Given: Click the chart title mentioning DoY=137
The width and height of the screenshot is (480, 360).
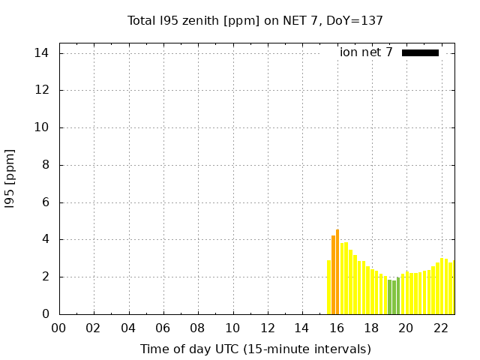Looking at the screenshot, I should [255, 21].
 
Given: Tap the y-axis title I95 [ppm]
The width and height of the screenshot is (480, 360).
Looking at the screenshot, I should [10, 179].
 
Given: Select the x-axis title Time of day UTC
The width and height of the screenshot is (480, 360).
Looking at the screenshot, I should [255, 349].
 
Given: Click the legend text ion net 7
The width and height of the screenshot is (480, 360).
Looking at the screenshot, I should [366, 52].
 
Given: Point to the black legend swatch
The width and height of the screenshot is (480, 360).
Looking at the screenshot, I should [420, 52].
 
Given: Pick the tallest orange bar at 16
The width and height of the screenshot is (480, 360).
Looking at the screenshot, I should [337, 271].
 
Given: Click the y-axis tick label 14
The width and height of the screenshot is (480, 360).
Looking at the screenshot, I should [42, 53].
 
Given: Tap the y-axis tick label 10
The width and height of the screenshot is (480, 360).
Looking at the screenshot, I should [42, 127].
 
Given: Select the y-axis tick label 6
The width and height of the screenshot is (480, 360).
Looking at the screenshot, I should [45, 202].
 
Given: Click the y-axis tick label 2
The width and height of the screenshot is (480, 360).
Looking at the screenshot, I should [45, 277].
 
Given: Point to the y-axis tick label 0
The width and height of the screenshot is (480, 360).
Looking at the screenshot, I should [45, 314].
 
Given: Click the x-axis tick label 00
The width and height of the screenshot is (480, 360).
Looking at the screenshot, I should [59, 328].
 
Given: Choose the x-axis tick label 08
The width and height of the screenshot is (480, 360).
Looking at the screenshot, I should [198, 328].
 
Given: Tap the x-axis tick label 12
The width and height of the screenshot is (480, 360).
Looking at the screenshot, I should [268, 328].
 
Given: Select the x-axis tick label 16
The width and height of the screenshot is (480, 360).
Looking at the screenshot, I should [337, 328].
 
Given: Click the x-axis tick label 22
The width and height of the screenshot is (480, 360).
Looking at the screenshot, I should [441, 328].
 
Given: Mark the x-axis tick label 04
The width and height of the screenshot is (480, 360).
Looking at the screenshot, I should [129, 328].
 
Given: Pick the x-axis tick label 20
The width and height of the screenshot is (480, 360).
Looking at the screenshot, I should [406, 328].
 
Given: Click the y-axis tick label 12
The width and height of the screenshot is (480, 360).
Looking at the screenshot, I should [42, 90].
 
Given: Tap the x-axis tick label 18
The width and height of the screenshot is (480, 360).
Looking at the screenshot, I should [371, 328].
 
